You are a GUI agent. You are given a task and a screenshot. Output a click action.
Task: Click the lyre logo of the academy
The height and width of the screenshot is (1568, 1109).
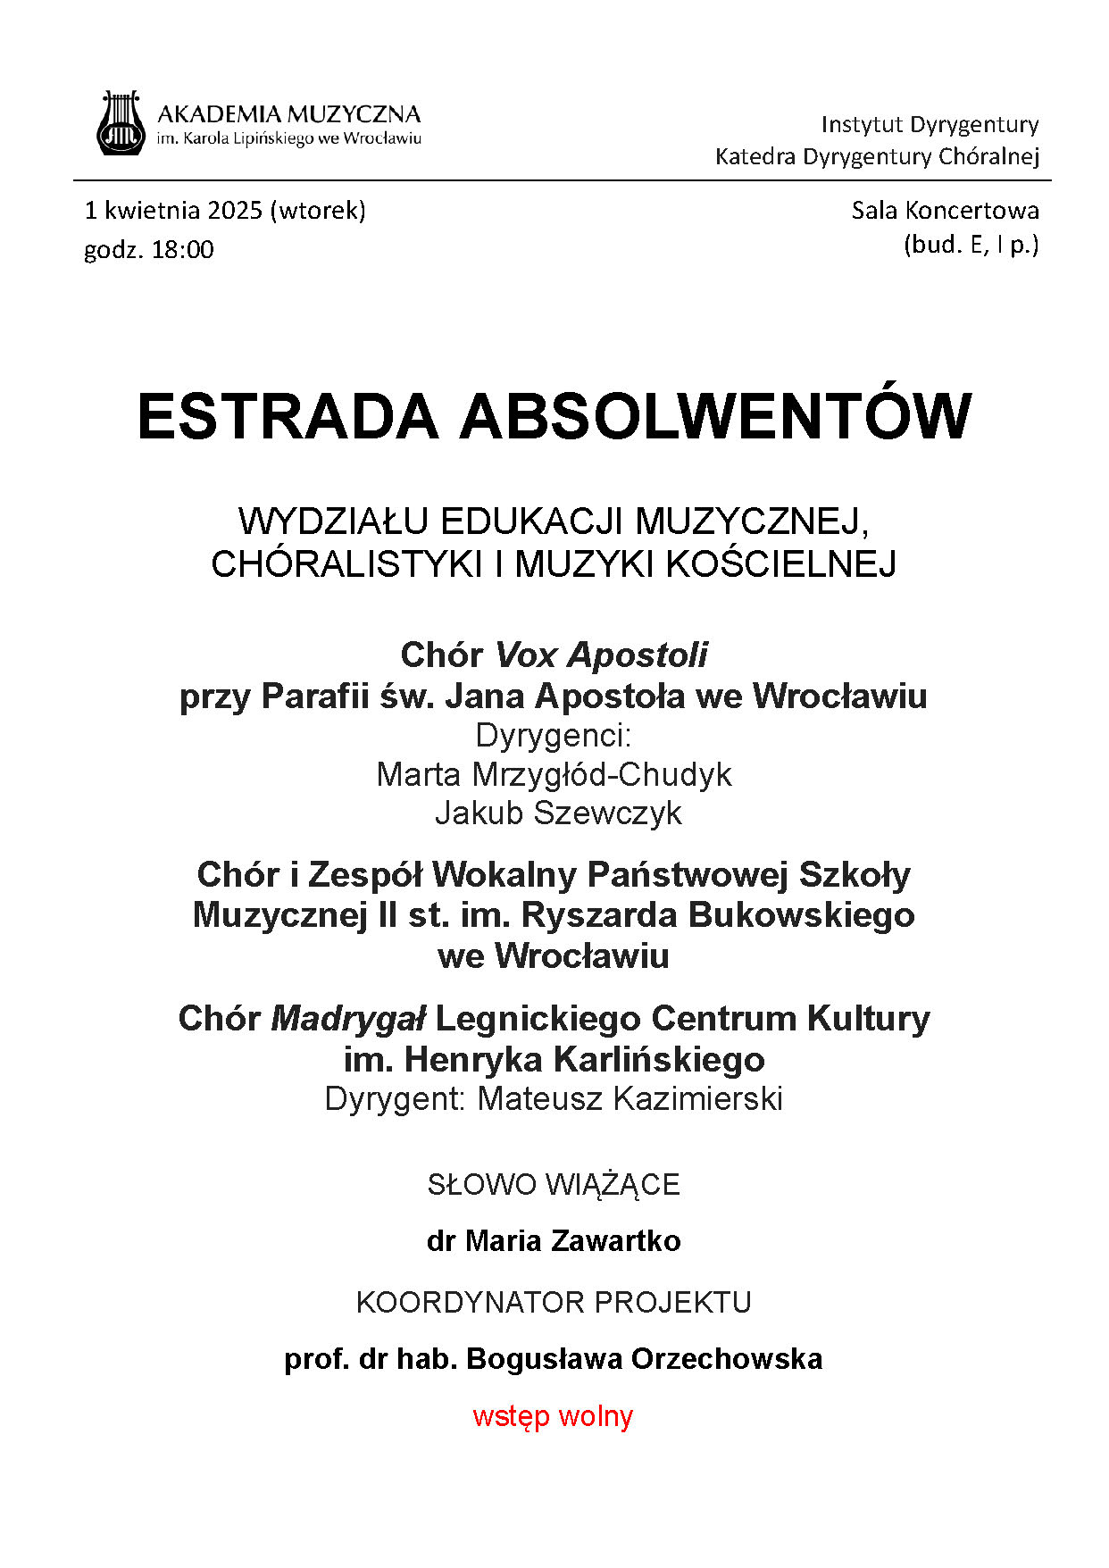(121, 123)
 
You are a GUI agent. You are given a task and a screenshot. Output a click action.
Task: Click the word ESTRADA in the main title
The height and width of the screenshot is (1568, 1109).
(288, 417)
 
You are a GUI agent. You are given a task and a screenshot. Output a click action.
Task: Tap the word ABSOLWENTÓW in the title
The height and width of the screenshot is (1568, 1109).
(715, 417)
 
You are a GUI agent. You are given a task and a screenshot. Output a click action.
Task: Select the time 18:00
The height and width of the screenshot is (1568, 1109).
(182, 250)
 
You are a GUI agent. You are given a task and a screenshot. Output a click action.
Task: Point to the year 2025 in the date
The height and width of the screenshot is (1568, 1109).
(235, 211)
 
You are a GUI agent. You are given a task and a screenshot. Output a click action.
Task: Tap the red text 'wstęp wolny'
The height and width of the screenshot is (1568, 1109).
(553, 1416)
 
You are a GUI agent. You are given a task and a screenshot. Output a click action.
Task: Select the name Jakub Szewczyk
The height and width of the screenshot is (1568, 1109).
(558, 813)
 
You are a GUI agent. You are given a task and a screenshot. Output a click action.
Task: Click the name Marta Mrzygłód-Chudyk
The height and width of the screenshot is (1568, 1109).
(554, 774)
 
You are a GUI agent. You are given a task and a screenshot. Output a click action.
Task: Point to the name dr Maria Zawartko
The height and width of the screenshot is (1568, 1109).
(554, 1241)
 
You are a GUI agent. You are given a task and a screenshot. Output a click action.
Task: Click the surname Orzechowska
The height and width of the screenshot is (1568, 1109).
(727, 1359)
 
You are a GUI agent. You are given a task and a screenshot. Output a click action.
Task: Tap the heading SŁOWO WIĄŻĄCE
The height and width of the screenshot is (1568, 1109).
(554, 1185)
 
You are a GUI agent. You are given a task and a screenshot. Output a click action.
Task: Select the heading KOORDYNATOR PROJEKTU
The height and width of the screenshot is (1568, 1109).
(554, 1303)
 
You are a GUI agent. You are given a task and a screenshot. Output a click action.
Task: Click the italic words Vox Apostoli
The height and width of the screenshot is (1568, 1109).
(601, 655)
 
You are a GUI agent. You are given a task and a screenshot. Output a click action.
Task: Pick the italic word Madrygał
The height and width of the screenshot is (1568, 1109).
(348, 1019)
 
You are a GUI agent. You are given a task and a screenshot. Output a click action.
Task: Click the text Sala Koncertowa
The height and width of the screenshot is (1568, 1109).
(945, 211)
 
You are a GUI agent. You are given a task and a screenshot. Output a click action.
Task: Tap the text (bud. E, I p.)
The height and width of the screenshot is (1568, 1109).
(971, 245)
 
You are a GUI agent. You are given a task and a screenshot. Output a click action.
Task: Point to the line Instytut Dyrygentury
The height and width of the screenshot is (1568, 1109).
(930, 124)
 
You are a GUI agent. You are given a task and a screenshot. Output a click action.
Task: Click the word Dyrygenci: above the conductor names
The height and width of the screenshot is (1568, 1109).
(554, 736)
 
